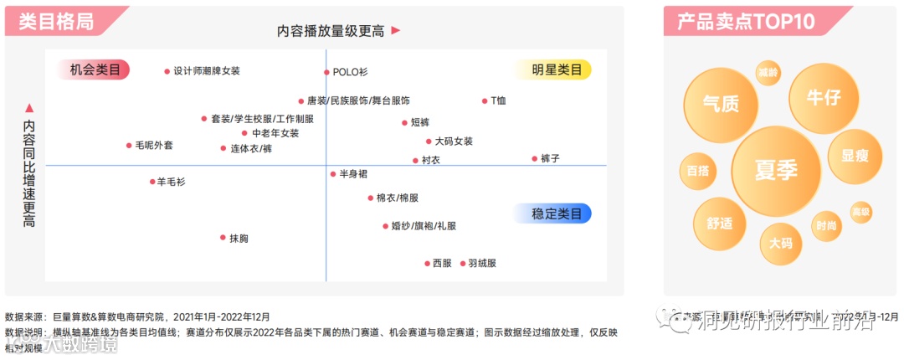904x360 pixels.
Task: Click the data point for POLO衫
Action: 327,73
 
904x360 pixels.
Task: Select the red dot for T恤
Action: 484,101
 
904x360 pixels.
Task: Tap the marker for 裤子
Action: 534,158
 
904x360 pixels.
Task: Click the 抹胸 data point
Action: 223,239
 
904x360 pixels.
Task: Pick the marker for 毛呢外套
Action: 129,146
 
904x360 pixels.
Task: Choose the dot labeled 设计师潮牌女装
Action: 167,71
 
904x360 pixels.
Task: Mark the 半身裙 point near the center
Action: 332,174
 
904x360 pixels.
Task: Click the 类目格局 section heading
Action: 67,22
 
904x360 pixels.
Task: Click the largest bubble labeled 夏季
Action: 776,170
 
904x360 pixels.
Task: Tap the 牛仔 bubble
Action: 823,98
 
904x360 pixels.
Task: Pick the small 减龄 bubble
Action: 768,73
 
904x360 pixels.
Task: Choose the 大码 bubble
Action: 780,243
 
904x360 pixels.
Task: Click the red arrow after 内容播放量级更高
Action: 396,31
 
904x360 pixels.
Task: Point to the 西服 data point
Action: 427,263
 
